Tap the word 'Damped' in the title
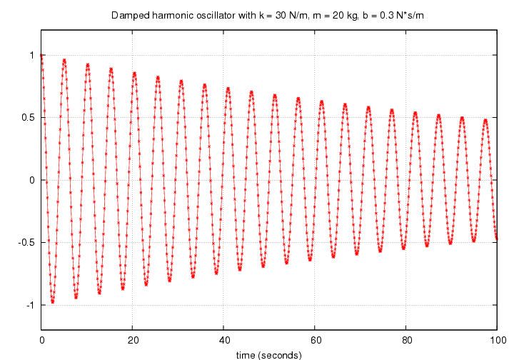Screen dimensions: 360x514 pyautogui.click(x=129, y=15)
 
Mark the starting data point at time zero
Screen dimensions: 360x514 pyautogui.click(x=42, y=55)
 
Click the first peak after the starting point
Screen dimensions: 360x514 pyautogui.click(x=64, y=60)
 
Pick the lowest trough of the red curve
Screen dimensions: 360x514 pyautogui.click(x=53, y=302)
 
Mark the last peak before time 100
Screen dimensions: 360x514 pyautogui.click(x=485, y=120)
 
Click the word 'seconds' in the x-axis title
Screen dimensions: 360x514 pyautogui.click(x=280, y=354)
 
